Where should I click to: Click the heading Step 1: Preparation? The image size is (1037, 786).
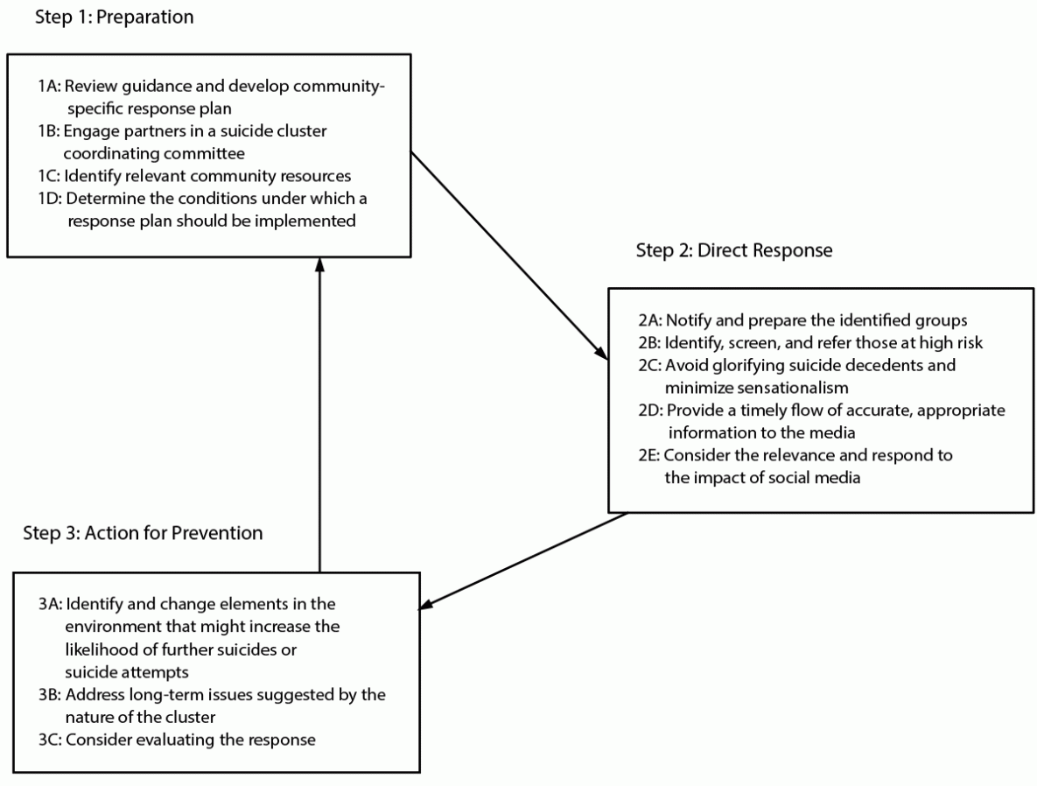(x=114, y=17)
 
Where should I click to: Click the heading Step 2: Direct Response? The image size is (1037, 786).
(x=733, y=250)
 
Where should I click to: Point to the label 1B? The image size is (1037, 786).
(x=50, y=130)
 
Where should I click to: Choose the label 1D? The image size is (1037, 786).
(x=50, y=199)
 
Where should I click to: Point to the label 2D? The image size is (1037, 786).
(x=651, y=411)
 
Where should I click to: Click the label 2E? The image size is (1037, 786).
(x=651, y=456)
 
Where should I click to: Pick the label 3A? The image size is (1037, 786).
(x=51, y=605)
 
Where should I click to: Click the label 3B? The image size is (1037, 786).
(x=51, y=695)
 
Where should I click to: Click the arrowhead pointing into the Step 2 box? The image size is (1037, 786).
(x=601, y=354)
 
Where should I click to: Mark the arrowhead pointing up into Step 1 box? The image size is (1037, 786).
(x=320, y=263)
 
